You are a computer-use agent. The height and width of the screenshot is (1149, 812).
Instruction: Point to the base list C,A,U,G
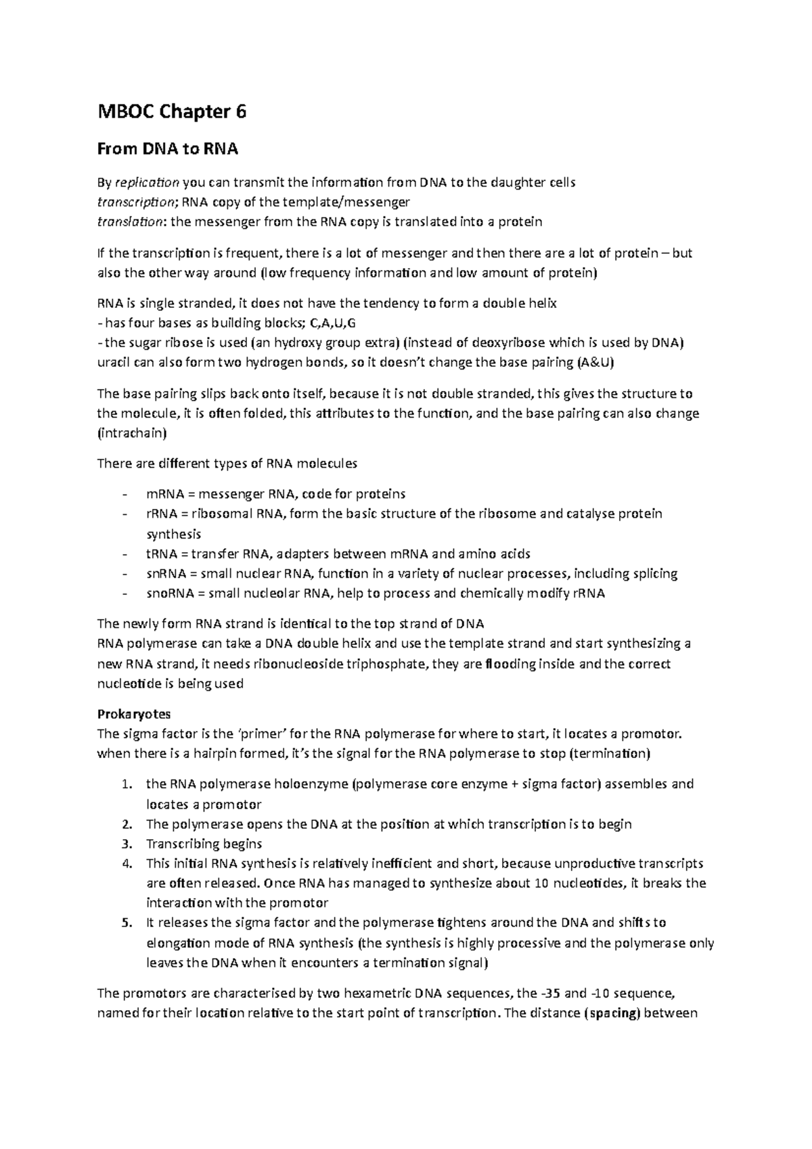coord(336,323)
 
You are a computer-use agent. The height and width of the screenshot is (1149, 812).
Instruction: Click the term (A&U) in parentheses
coord(595,363)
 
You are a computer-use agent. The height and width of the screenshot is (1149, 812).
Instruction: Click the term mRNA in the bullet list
coord(164,494)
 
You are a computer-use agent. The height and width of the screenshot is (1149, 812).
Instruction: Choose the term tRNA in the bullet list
coord(162,554)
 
